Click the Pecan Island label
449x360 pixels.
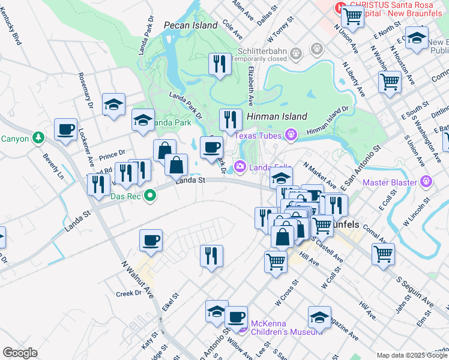tap(190, 26)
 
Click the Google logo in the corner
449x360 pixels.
tap(20, 353)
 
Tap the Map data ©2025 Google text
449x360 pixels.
tap(411, 355)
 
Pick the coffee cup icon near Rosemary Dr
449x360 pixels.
tap(65, 129)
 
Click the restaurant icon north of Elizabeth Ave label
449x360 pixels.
tap(220, 64)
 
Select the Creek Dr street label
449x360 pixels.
tap(128, 293)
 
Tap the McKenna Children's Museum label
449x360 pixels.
tap(276, 327)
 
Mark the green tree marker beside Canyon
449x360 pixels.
tap(38, 139)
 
